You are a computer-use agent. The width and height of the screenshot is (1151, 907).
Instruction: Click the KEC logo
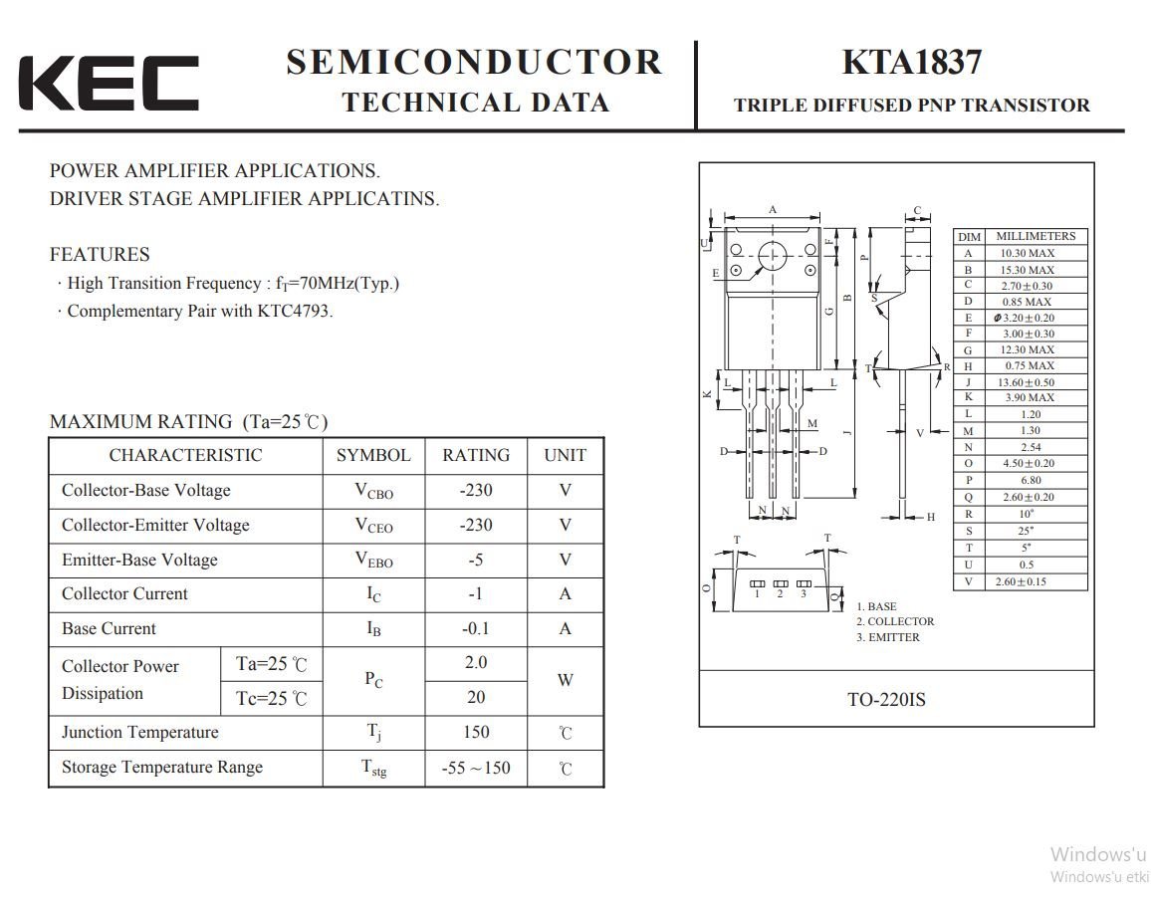point(108,83)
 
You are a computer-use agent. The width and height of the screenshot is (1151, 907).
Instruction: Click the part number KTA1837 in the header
point(911,62)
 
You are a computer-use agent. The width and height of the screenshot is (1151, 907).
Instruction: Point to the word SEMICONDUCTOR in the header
point(474,62)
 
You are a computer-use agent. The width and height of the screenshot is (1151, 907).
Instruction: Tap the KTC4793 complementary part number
point(293,311)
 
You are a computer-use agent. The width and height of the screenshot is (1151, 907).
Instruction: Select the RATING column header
point(475,455)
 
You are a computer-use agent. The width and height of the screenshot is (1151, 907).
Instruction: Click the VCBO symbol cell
point(373,491)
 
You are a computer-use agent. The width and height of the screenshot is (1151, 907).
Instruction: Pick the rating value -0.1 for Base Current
point(475,629)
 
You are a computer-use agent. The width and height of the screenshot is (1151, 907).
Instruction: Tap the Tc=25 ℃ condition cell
point(271,699)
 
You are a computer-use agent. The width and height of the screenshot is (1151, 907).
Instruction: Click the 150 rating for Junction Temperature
point(475,733)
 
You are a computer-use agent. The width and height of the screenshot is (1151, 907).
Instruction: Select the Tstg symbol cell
point(373,768)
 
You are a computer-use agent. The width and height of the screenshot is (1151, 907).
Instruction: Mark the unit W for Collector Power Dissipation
point(565,681)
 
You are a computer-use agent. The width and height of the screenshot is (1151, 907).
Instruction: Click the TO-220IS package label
point(886,700)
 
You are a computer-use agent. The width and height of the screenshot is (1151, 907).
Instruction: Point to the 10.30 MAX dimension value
point(1028,253)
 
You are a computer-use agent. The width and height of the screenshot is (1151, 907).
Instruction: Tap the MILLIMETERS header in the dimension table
point(1036,236)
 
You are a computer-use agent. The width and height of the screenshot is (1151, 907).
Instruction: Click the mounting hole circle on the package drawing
point(773,257)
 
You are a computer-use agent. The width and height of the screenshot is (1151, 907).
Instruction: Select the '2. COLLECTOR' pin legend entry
point(895,621)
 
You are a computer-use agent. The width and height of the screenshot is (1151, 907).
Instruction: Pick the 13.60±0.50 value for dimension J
point(1028,382)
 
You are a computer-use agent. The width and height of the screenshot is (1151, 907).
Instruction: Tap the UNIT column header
point(565,455)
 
